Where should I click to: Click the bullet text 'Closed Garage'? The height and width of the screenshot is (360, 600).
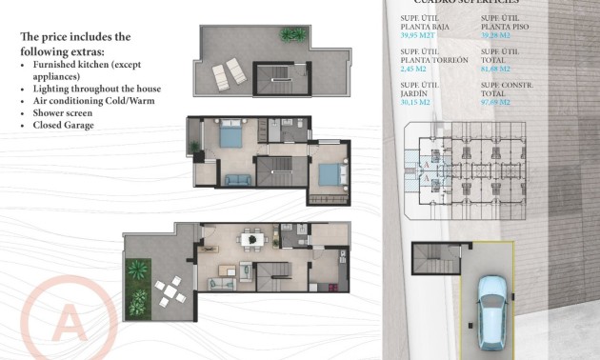62,125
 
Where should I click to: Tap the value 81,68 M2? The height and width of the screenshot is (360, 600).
496,69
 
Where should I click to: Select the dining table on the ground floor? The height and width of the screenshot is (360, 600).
251,239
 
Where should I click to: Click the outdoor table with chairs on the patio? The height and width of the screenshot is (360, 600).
169,291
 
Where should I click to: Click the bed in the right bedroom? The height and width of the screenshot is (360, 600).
327,173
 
